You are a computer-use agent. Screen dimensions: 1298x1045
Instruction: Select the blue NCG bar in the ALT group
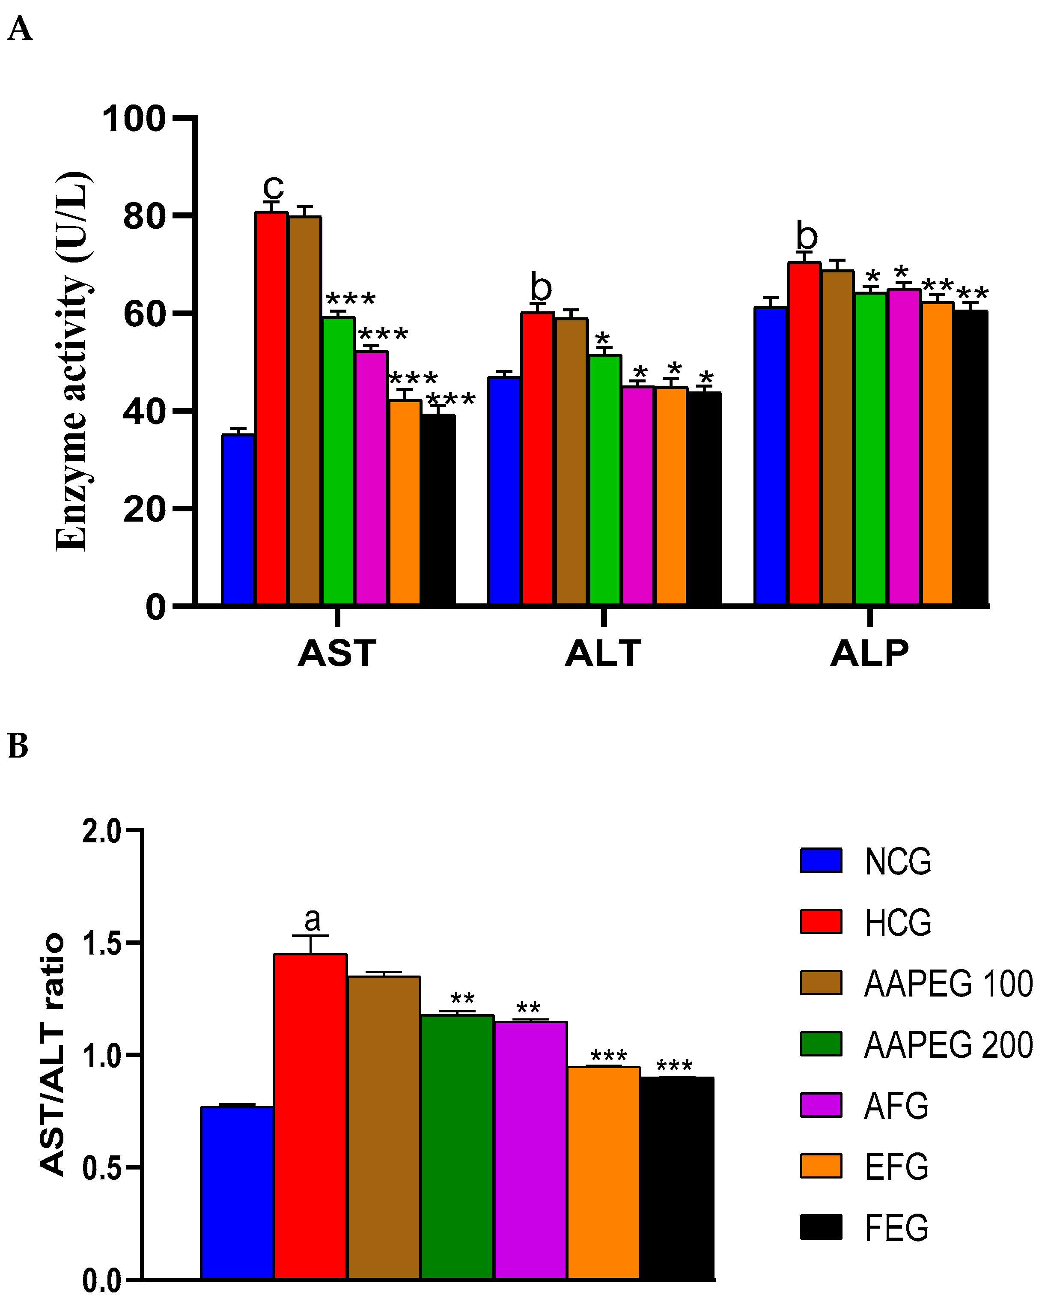pyautogui.click(x=504, y=491)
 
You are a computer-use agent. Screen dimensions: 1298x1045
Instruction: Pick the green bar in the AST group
pyautogui.click(x=338, y=460)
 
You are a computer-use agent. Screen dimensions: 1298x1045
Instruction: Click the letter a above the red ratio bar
pyautogui.click(x=312, y=919)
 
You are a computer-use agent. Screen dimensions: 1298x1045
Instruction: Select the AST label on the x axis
pyautogui.click(x=337, y=653)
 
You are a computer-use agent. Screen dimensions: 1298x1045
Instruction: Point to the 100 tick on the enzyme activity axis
pyautogui.click(x=134, y=119)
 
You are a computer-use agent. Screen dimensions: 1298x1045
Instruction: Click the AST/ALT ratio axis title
pyautogui.click(x=53, y=1053)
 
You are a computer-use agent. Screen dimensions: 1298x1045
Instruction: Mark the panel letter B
pyautogui.click(x=18, y=746)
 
